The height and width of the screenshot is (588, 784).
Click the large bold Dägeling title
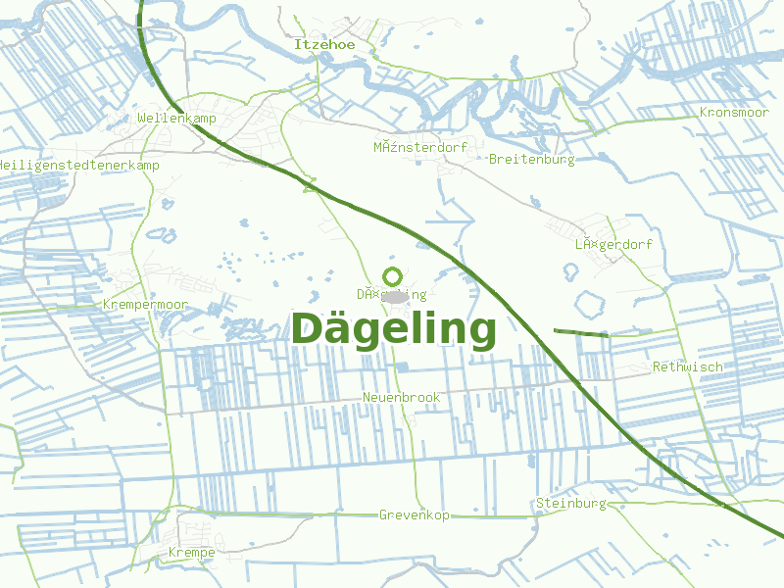(394, 329)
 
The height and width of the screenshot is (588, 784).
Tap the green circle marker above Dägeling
(393, 276)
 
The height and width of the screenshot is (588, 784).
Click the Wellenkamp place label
(176, 118)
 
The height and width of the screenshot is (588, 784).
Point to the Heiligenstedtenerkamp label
(78, 165)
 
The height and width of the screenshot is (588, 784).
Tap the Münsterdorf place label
(420, 147)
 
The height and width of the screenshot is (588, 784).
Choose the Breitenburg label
(531, 159)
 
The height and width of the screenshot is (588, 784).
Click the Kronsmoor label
(734, 113)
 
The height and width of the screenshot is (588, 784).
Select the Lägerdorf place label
(613, 244)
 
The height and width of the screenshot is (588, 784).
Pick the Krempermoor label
(145, 305)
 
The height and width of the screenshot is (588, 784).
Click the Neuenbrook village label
(401, 397)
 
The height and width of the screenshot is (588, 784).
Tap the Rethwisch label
(688, 367)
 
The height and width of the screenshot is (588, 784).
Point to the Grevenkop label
(414, 514)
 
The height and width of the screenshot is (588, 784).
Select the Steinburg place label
(571, 503)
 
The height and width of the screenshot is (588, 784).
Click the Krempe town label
(191, 552)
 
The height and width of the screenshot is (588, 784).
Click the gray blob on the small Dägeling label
(395, 295)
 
